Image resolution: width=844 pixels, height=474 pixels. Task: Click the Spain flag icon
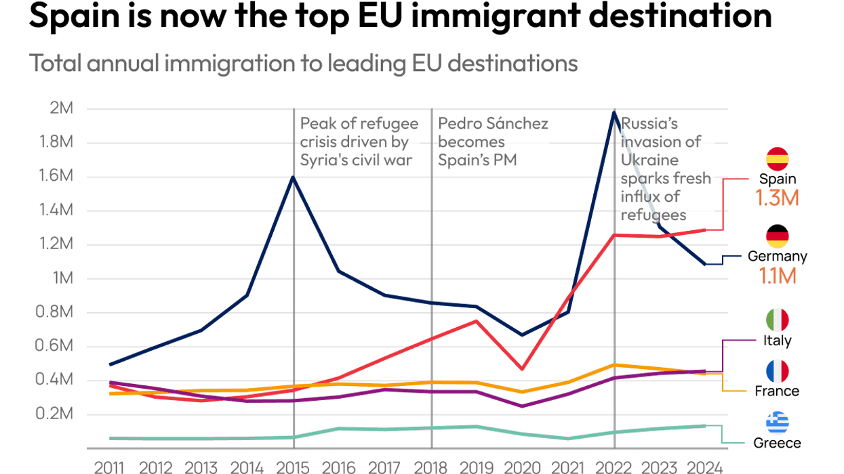tap(777, 158)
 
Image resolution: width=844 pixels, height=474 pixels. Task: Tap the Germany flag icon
tap(777, 236)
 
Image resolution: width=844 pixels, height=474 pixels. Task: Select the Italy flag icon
tap(777, 320)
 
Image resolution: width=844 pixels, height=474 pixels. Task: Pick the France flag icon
tap(777, 371)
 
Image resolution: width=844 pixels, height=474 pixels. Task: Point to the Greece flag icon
tap(777, 423)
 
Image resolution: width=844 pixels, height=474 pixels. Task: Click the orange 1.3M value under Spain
tap(777, 198)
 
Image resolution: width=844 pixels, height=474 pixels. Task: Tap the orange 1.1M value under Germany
tap(777, 276)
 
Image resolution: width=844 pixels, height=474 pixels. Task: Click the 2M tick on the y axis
tap(62, 109)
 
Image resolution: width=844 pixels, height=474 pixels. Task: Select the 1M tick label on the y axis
tap(63, 279)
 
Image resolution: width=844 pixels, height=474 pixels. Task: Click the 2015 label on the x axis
tap(294, 467)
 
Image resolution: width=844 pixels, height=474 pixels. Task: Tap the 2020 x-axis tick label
tap(522, 467)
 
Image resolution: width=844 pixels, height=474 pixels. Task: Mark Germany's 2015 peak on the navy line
tap(293, 177)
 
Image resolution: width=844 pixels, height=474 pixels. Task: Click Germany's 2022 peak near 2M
tap(614, 112)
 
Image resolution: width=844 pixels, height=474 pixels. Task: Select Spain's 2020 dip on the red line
tap(522, 368)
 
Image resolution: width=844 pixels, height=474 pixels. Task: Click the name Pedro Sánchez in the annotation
tap(493, 124)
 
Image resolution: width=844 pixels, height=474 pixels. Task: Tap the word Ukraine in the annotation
tap(649, 160)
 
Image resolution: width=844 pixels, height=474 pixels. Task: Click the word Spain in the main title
tap(73, 16)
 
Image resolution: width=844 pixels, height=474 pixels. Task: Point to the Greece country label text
tap(777, 444)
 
